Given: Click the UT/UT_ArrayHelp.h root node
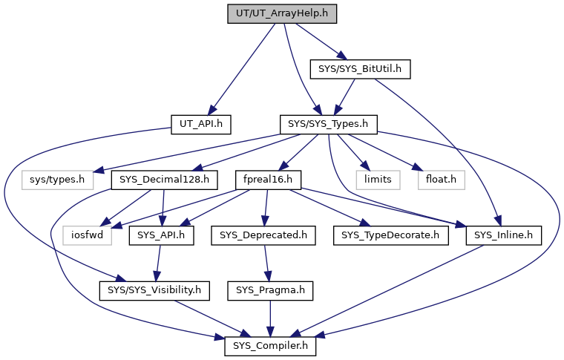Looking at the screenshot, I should coord(278,13).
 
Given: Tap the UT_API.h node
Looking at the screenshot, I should coord(201,123).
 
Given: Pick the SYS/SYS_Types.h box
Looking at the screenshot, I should coord(328,123).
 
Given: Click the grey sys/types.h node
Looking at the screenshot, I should coord(53,179).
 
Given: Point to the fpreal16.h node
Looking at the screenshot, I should coord(268,179).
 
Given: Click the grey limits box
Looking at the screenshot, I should coord(376,179).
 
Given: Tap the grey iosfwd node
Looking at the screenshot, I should coord(88,235).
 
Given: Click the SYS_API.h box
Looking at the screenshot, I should coord(162,235).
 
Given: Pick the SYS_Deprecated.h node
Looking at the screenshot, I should coord(264,235).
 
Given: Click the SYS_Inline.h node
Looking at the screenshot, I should coord(505,235).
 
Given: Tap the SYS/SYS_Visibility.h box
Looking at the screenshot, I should coord(155,290).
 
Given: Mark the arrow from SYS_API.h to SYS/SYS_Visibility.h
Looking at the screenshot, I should coord(158,262).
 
